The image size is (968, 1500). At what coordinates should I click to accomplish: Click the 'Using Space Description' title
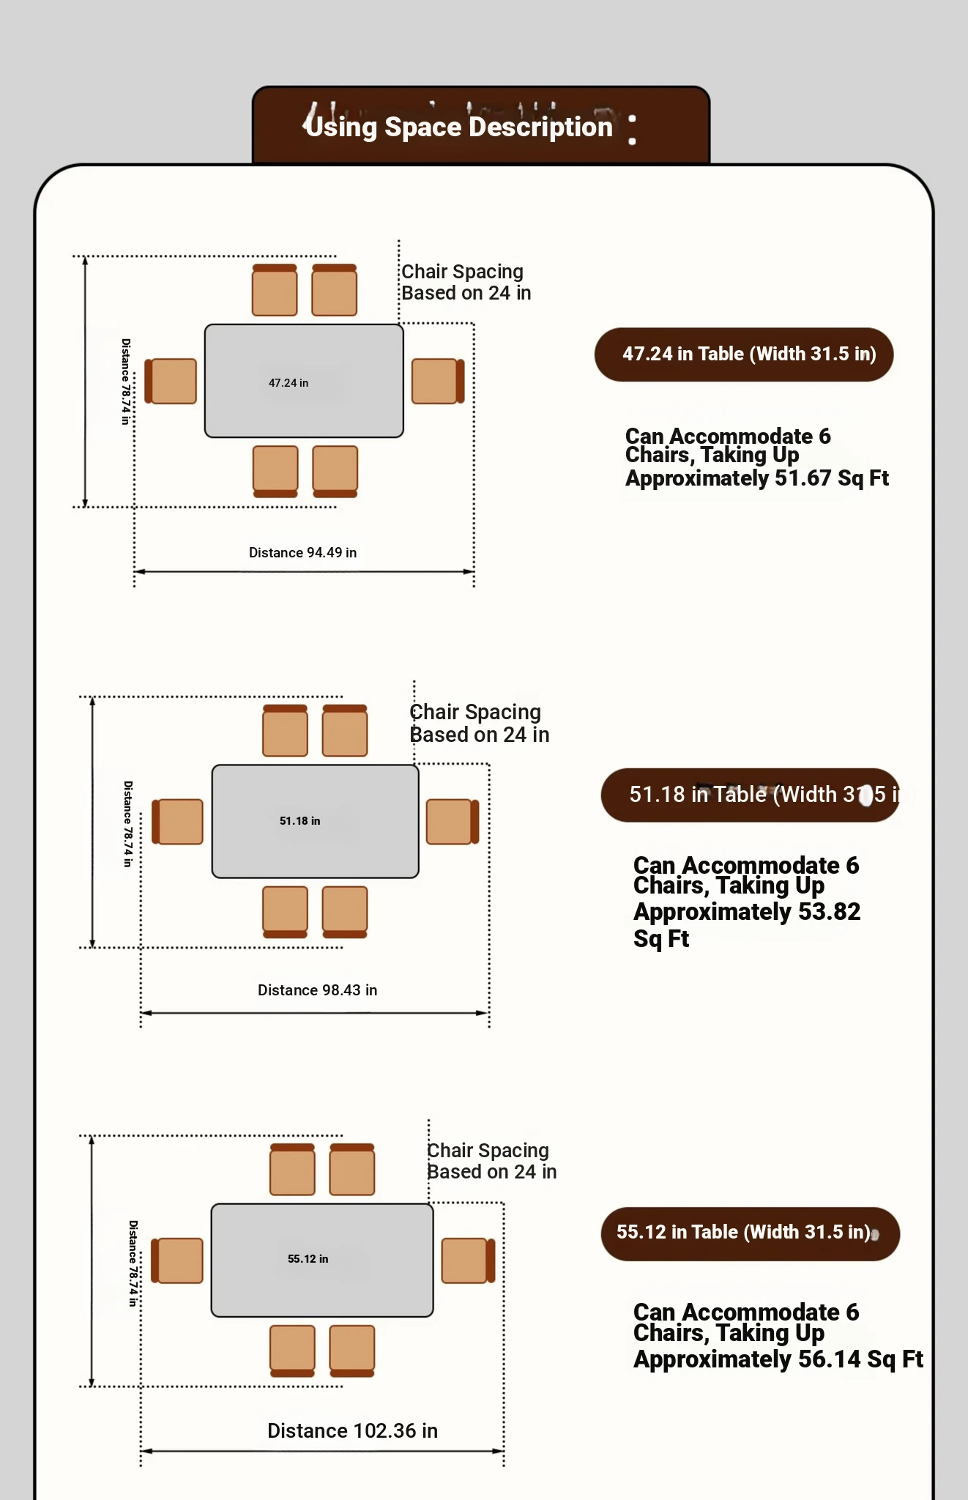tap(459, 127)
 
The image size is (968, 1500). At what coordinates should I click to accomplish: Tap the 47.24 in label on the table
tap(288, 383)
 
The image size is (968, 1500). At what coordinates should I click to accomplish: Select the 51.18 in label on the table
tap(299, 821)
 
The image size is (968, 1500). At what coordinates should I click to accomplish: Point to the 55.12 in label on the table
tap(308, 1259)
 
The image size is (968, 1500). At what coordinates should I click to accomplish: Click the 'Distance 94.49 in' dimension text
tap(302, 553)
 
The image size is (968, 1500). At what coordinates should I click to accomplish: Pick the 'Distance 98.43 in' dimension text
tap(317, 990)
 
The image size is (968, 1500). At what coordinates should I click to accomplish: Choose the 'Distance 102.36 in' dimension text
tap(352, 1431)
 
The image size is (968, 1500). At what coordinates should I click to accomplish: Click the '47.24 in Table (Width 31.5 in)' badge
tap(744, 354)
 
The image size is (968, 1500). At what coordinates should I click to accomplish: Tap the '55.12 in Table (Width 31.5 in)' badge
tap(750, 1233)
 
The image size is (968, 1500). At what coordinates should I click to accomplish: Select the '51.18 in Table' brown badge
tap(750, 795)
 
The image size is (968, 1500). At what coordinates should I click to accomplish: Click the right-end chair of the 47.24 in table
tap(437, 381)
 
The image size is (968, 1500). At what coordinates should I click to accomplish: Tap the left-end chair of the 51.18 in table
tap(178, 821)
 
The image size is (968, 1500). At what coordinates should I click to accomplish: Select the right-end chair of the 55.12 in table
tap(467, 1260)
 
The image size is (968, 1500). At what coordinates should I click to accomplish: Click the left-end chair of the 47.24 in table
tap(171, 381)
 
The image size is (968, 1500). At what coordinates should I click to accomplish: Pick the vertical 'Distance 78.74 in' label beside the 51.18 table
tap(128, 824)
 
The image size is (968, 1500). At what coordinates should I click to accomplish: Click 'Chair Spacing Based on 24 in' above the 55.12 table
tap(491, 1161)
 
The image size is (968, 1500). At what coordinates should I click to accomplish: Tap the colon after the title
tap(632, 129)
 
